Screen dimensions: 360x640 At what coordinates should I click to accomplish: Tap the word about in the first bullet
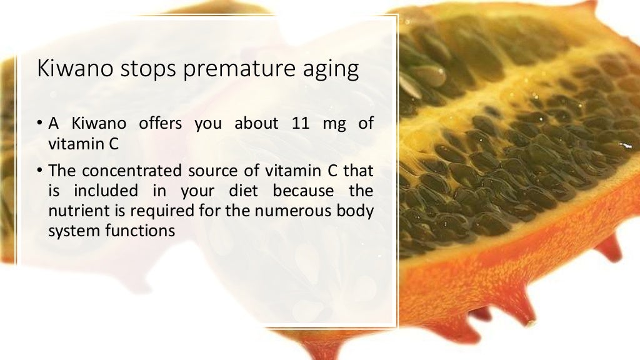pyautogui.click(x=257, y=124)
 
